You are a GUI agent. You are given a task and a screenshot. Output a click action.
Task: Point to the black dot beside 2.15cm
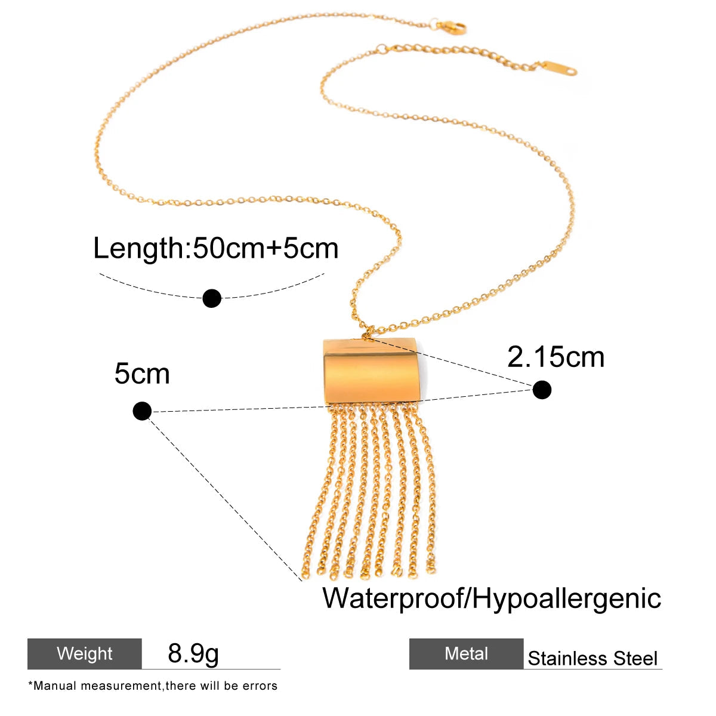tap(542, 390)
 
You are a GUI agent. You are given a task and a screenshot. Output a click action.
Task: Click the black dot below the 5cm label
tap(142, 411)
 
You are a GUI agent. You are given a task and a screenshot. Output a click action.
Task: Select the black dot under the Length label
tap(212, 298)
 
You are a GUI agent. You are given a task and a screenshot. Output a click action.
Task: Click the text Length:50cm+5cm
tap(216, 248)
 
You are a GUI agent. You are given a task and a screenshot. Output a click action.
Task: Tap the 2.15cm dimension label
tap(555, 357)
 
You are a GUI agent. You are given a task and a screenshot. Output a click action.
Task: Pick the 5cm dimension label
tap(142, 374)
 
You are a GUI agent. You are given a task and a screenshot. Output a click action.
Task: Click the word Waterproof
tap(393, 598)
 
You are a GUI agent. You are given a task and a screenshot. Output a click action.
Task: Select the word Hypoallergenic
tap(566, 598)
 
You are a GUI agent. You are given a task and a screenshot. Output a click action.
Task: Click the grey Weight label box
tap(85, 654)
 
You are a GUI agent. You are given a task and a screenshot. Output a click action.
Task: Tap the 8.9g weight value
tap(193, 653)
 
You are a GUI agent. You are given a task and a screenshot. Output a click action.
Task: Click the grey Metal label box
tap(467, 654)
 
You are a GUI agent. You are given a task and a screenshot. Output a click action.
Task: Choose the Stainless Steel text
tap(592, 658)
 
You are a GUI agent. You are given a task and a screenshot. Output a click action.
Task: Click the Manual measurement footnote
tap(153, 686)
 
